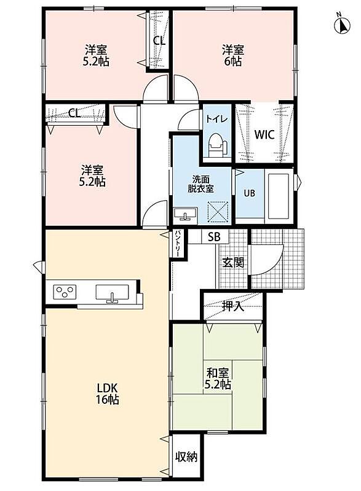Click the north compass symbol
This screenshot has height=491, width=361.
click(342, 25)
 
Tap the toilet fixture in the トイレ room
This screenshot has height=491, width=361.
click(218, 146)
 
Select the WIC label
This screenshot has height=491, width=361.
click(264, 134)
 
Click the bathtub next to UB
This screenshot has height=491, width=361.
click(279, 196)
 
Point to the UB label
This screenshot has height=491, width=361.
click(250, 193)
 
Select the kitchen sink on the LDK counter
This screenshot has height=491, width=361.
click(112, 293)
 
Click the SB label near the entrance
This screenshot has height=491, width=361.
click(215, 237)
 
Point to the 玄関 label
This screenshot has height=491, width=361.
click(233, 263)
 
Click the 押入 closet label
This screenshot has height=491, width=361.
click(232, 306)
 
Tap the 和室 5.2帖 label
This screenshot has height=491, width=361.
click(218, 379)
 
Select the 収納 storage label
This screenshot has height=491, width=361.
click(186, 457)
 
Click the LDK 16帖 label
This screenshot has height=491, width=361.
click(107, 394)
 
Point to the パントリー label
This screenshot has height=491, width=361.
click(178, 244)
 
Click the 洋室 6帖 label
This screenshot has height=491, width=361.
click(233, 55)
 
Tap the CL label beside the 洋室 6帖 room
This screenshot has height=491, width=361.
click(159, 41)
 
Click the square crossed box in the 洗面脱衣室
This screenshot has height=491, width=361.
click(218, 212)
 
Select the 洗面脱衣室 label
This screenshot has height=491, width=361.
click(201, 184)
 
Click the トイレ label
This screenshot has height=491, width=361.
click(216, 120)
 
